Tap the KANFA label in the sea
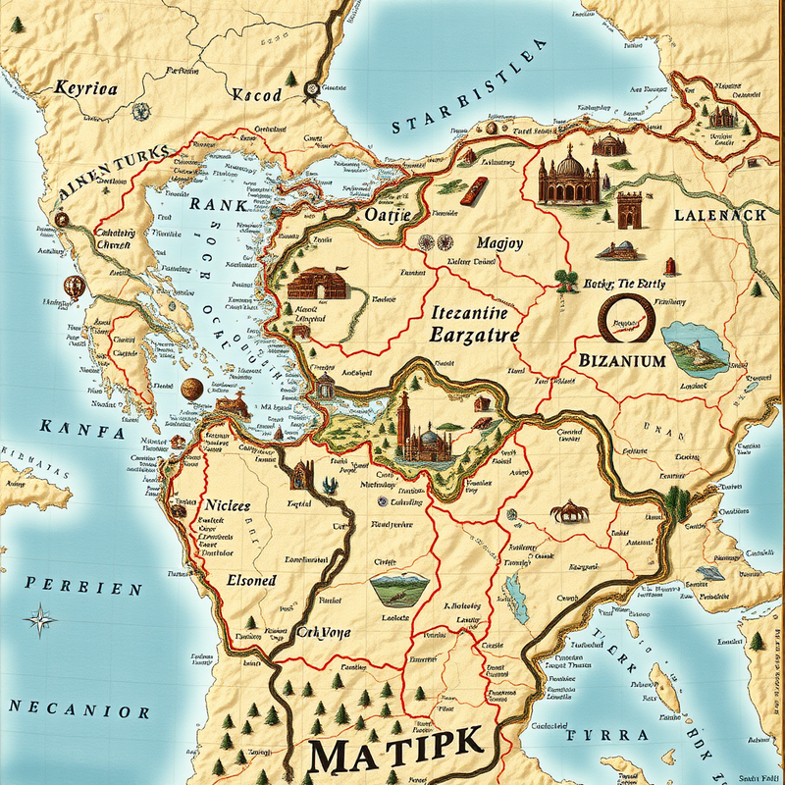coord(82,430)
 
